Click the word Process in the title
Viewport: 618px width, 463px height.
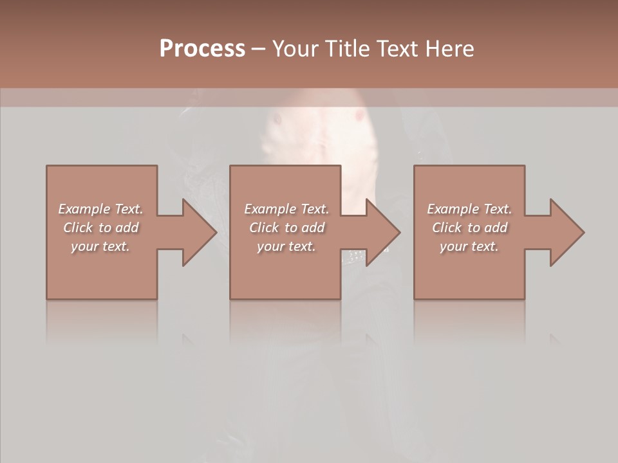click(x=202, y=49)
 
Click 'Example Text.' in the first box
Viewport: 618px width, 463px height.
click(x=100, y=209)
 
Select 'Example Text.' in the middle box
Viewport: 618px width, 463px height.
click(x=286, y=209)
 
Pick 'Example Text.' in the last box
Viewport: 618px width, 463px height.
click(x=469, y=209)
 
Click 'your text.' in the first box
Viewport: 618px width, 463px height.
click(x=100, y=246)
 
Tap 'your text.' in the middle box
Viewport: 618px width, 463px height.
click(x=286, y=246)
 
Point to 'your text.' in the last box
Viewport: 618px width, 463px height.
click(x=469, y=246)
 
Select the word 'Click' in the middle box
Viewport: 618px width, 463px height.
click(x=264, y=228)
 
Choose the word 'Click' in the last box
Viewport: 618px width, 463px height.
click(x=447, y=228)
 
